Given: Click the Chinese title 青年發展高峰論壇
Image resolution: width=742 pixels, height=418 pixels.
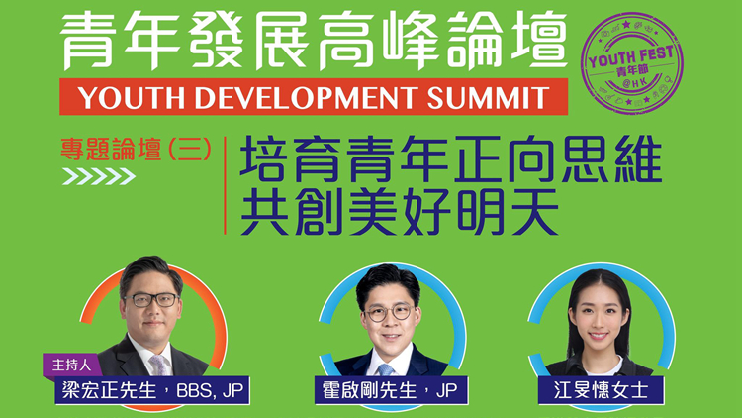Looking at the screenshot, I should click(314, 42).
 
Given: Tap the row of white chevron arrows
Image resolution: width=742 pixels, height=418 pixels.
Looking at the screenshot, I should click(99, 177).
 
